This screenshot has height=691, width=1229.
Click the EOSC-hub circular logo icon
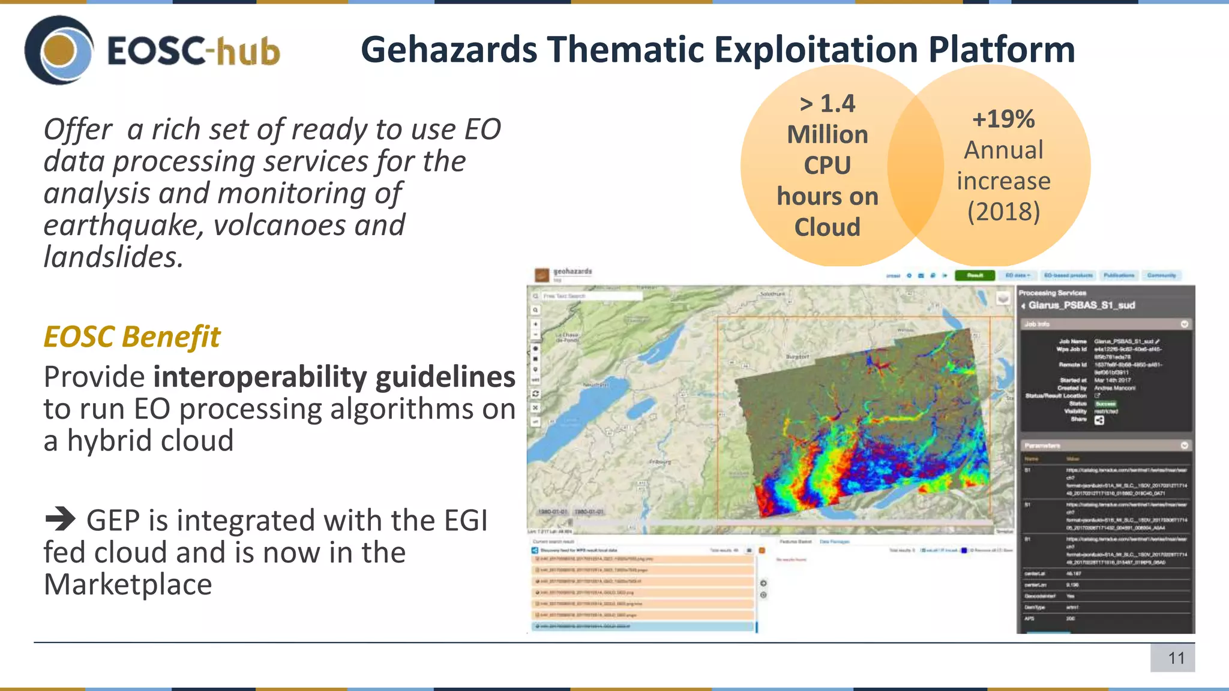click(59, 50)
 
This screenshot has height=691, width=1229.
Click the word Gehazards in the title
click(449, 49)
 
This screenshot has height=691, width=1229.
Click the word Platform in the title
click(1002, 49)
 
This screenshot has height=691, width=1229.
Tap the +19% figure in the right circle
click(1003, 119)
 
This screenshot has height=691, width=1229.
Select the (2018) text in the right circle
click(1003, 212)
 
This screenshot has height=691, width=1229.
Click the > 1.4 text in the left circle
click(828, 104)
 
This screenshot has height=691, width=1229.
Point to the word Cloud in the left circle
click(827, 227)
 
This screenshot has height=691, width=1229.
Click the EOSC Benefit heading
click(131, 337)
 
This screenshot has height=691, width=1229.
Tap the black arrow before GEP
click(60, 519)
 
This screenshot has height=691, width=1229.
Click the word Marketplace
click(128, 584)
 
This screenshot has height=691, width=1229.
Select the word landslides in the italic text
click(113, 257)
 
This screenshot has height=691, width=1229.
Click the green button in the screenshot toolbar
click(975, 275)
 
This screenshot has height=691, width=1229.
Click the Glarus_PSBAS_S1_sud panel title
click(1081, 305)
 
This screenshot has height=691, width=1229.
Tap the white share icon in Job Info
click(1099, 420)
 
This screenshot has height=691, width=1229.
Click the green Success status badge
click(1105, 404)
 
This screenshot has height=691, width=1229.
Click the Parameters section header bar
click(1106, 446)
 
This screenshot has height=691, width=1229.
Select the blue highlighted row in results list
click(642, 626)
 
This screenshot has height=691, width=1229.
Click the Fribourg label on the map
click(660, 462)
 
